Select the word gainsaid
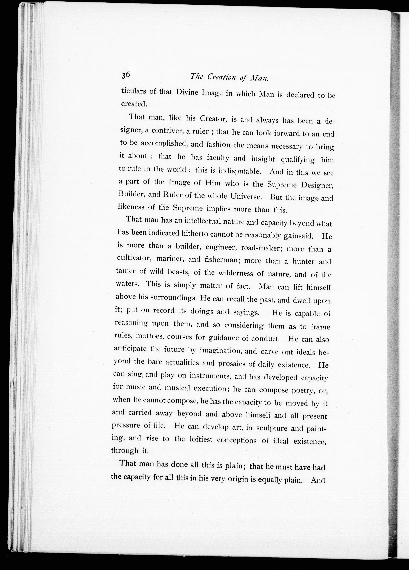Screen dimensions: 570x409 pyautogui.click(x=299, y=236)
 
